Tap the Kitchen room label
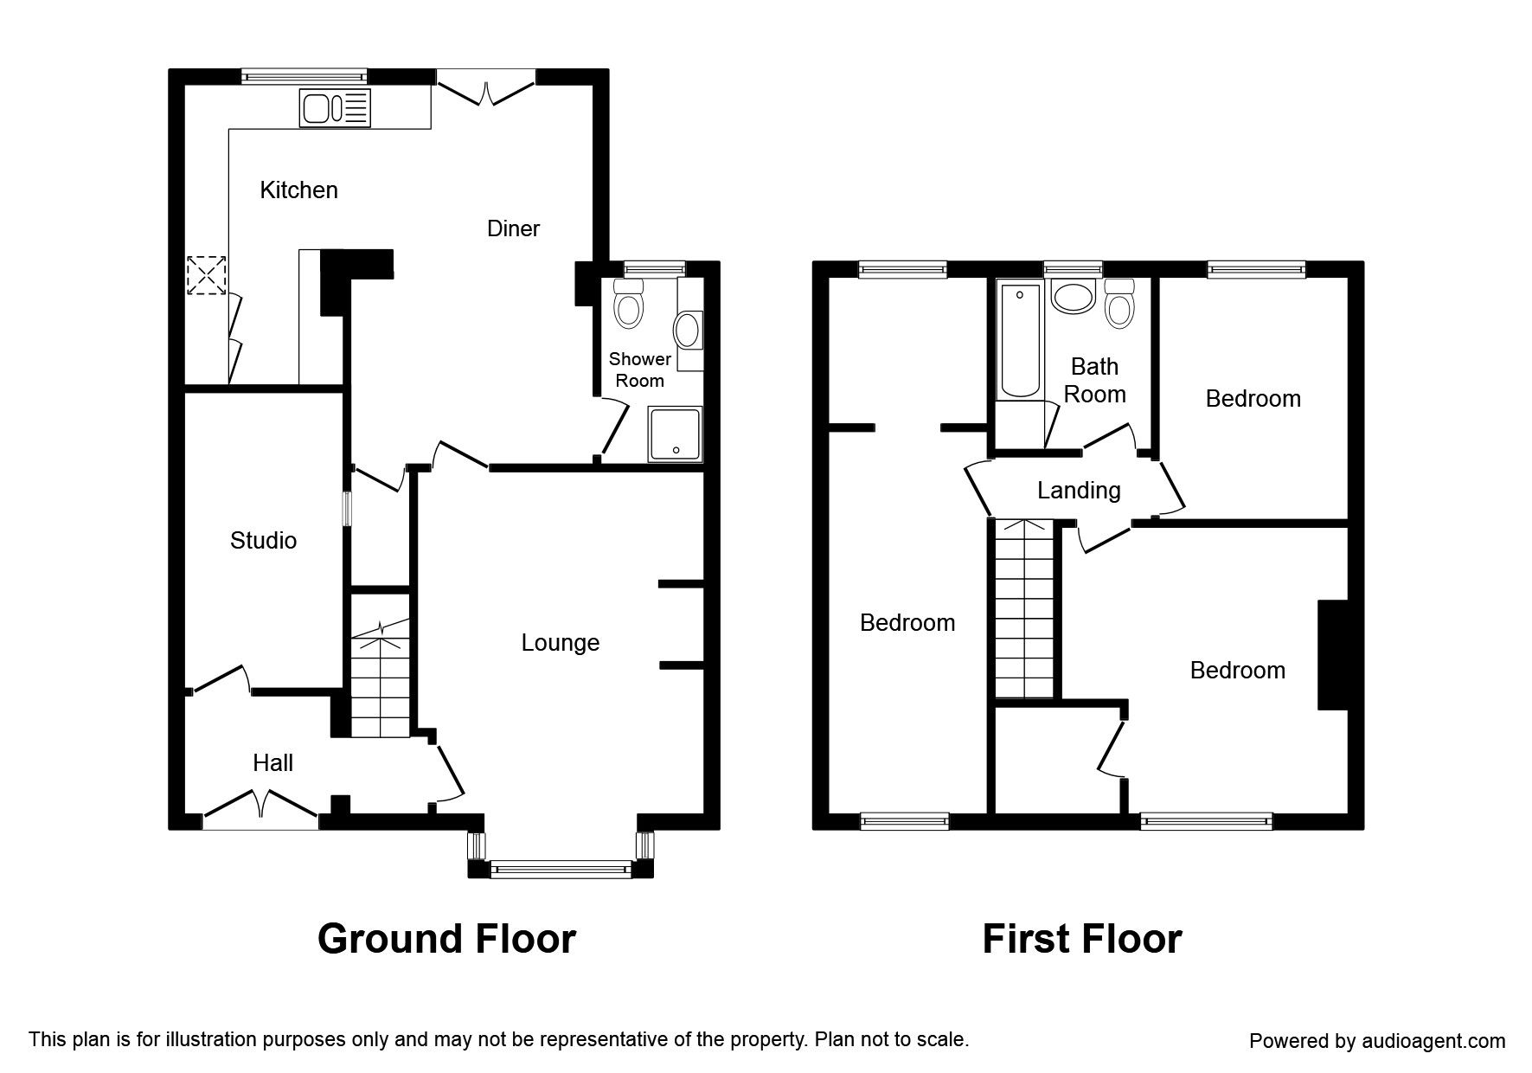coord(298,190)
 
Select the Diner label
coord(513,228)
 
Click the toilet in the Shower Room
coord(628,304)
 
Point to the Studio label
coord(263,541)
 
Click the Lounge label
coord(560,643)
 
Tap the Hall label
coord(272,763)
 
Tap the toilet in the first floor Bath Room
coord(1119,304)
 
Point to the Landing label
coord(1079,491)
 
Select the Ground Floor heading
coord(446,939)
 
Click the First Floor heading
coord(1081,939)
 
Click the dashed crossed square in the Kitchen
coord(207,275)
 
